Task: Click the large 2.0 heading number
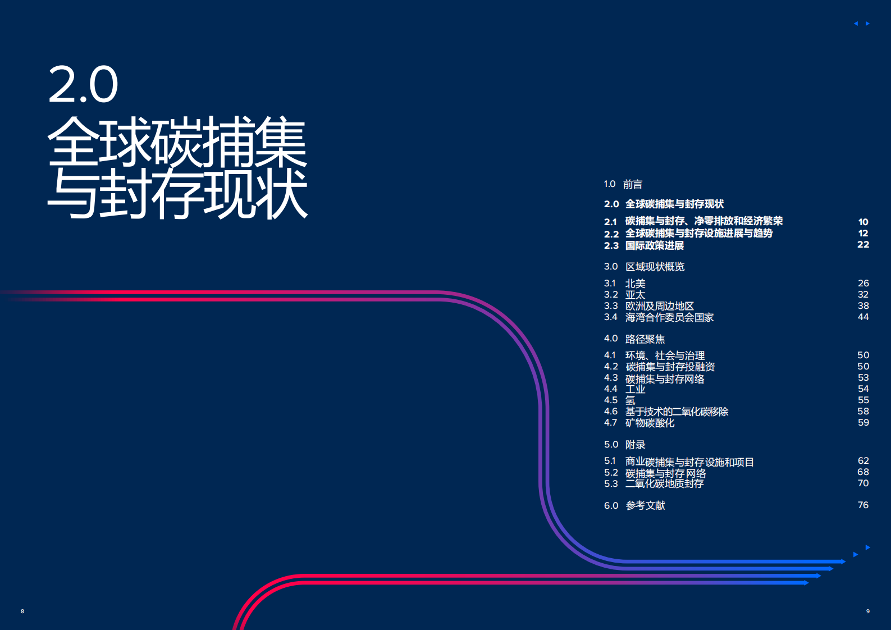tap(83, 85)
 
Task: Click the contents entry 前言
tap(632, 184)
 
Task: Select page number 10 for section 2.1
tap(863, 222)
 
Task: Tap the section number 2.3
tap(611, 245)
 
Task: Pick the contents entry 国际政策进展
tap(655, 245)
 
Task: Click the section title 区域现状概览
tap(655, 267)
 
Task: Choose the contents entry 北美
tap(635, 284)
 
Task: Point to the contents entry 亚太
tap(635, 295)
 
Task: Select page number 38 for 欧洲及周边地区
tap(863, 306)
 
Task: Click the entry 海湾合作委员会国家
tap(669, 317)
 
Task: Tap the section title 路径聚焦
tap(645, 339)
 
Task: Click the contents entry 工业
tap(635, 389)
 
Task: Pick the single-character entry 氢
tap(630, 400)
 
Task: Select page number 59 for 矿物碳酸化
tap(863, 422)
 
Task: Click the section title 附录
tap(635, 445)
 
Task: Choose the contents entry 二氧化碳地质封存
tap(664, 483)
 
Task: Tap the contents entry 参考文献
tap(645, 505)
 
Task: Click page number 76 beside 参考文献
tap(863, 505)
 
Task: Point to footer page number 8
tap(22, 611)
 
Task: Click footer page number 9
tap(867, 611)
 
